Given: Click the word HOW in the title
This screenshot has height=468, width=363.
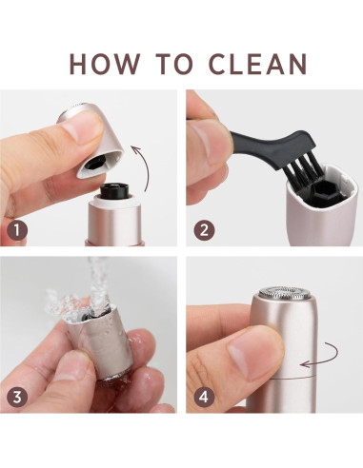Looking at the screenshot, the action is pyautogui.click(x=105, y=64).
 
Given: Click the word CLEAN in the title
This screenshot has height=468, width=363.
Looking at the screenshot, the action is pyautogui.click(x=258, y=64).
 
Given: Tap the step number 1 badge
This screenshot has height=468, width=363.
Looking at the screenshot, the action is pyautogui.click(x=17, y=230).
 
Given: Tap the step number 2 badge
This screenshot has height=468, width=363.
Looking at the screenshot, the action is pyautogui.click(x=204, y=230).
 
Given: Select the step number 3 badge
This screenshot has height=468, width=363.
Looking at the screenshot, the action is pyautogui.click(x=17, y=397).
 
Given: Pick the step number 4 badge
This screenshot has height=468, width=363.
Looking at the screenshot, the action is pyautogui.click(x=204, y=397).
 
